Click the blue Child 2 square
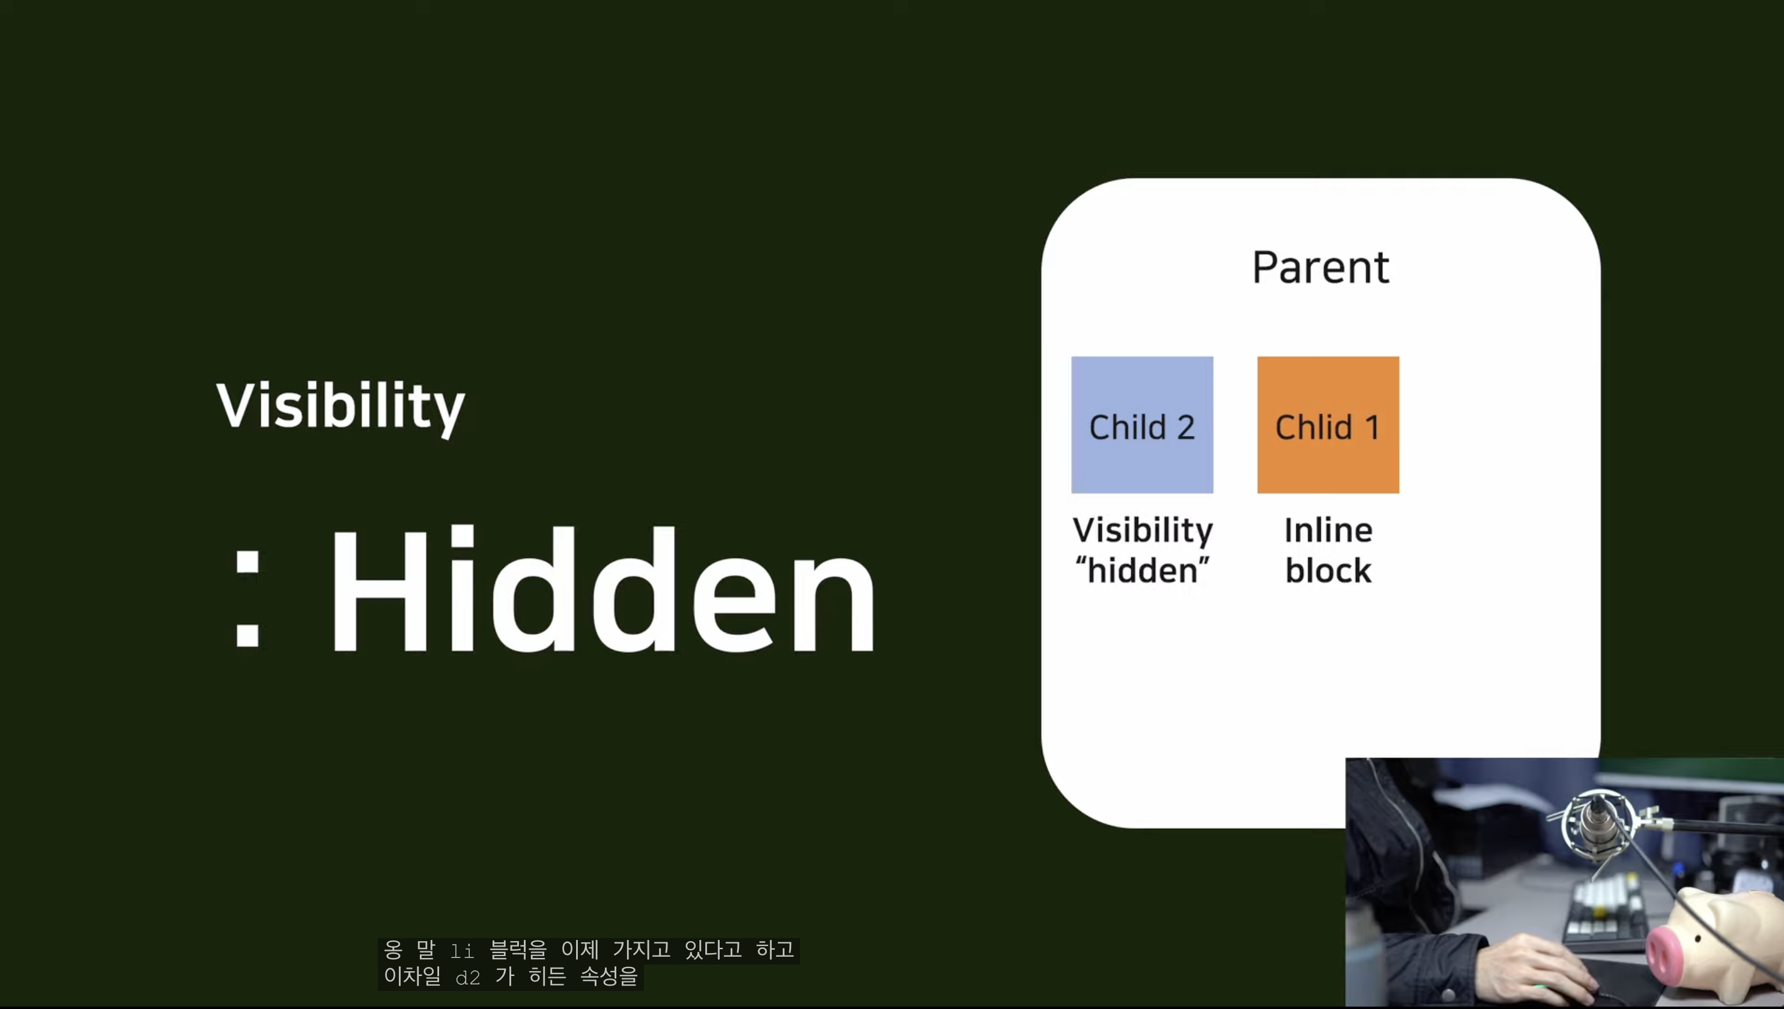coord(1142,425)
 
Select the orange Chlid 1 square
coord(1328,425)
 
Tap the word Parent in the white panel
coord(1320,267)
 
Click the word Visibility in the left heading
coord(341,407)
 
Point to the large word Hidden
coord(603,589)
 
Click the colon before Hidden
coord(247,599)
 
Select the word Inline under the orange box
coord(1328,530)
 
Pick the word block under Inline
coord(1328,571)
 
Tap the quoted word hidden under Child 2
coord(1142,571)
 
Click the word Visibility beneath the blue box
coord(1142,532)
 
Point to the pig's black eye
coord(1699,938)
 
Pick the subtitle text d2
coord(468,978)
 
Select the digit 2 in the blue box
coord(1186,428)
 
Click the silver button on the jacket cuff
coord(1449,995)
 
